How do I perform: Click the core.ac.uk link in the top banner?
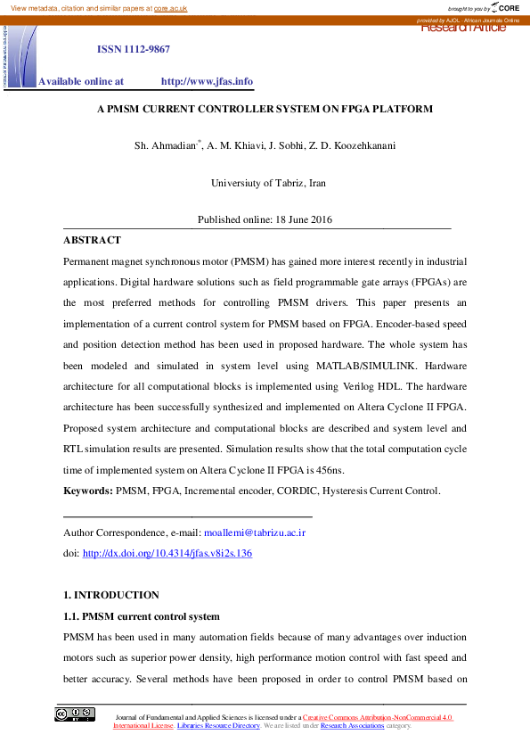point(172,7)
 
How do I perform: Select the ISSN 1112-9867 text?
point(134,49)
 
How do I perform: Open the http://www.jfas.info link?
point(207,81)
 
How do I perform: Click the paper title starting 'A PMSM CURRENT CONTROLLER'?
point(265,109)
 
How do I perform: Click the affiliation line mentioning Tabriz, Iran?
point(268,183)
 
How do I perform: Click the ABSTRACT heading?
point(92,240)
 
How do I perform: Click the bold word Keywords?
point(87,491)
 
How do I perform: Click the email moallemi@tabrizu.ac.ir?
point(255,532)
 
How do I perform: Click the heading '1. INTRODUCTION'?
point(110,595)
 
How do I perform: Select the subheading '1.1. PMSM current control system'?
point(142,616)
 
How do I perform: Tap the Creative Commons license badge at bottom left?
point(74,714)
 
